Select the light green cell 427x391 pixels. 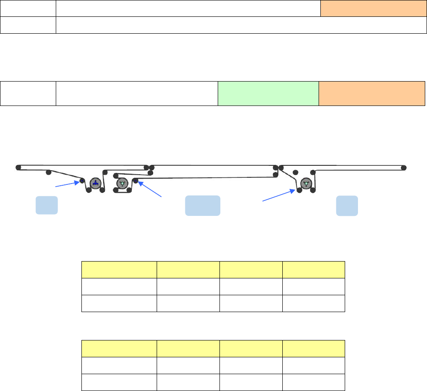pyautogui.click(x=268, y=93)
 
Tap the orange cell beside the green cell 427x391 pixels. pyautogui.click(x=371, y=93)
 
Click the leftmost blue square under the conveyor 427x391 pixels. pyautogui.click(x=46, y=205)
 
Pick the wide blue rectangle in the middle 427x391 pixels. pyautogui.click(x=202, y=205)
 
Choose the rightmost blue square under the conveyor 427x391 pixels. pyautogui.click(x=347, y=205)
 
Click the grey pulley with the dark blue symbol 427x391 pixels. pyautogui.click(x=95, y=183)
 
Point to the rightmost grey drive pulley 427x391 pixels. pyautogui.click(x=306, y=183)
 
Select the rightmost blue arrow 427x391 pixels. pyautogui.click(x=278, y=196)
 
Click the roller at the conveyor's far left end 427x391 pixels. pyautogui.click(x=19, y=168)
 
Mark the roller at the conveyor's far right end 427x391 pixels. pyautogui.click(x=404, y=168)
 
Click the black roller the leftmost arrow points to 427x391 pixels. pyautogui.click(x=82, y=181)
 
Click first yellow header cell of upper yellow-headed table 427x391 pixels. pyautogui.click(x=119, y=270)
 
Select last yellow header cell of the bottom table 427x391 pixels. pyautogui.click(x=314, y=348)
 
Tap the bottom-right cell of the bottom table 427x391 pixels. pyautogui.click(x=314, y=382)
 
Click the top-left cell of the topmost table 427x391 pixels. pyautogui.click(x=28, y=8)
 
